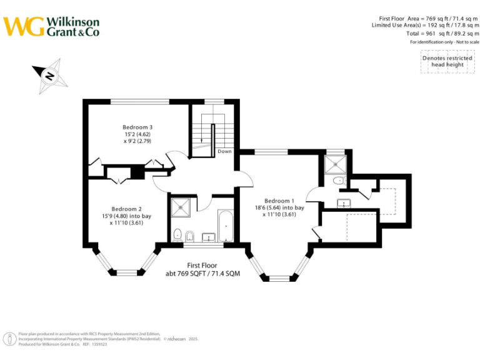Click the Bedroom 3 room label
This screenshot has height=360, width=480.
(137, 127)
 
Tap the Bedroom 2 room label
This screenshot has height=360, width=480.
(127, 209)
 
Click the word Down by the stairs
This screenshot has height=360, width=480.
(224, 151)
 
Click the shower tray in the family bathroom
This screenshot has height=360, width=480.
(181, 207)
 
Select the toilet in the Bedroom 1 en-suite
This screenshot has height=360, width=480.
(338, 181)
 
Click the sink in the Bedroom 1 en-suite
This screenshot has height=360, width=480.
(344, 202)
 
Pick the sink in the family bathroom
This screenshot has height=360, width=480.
(208, 236)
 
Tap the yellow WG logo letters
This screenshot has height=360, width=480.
(24, 26)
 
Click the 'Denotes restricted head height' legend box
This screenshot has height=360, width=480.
(447, 61)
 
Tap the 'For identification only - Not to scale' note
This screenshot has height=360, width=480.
(444, 42)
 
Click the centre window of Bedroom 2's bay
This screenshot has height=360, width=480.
(127, 272)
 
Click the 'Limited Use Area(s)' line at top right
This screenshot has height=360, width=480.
(425, 25)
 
